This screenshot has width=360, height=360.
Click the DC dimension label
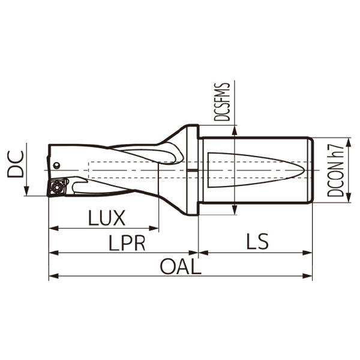pos(16,163)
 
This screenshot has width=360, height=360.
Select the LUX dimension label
pos(106,217)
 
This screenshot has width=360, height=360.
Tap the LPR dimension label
pos(127,242)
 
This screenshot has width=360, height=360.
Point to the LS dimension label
pos(257,242)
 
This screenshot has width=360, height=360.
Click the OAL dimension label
pos(180,266)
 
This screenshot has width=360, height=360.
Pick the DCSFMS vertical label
pos(223,102)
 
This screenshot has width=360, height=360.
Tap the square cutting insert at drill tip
pos(58,187)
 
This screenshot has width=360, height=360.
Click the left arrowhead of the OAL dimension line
pos(52,276)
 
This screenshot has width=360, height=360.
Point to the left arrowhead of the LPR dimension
pos(52,253)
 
